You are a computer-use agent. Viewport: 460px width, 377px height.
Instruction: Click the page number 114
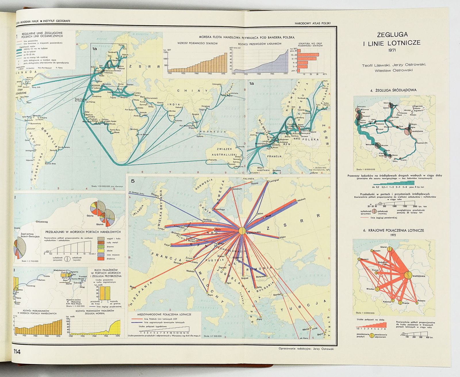tap(17, 352)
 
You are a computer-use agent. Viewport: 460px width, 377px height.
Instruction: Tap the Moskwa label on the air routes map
tap(302, 199)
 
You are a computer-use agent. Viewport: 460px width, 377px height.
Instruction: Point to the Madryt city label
tap(133, 286)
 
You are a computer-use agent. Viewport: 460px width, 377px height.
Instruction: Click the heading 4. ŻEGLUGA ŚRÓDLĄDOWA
tap(393, 90)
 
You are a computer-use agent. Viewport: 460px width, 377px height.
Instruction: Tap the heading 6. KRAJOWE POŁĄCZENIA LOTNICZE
tap(393, 230)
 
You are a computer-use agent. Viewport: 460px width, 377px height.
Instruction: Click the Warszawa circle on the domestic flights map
tap(408, 275)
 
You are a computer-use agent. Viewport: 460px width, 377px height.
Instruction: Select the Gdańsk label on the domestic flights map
tap(383, 247)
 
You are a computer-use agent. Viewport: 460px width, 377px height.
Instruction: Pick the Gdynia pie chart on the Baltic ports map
tap(97, 207)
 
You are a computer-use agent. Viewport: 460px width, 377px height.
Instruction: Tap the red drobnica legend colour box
tap(101, 259)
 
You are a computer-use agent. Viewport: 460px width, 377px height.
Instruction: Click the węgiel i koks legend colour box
tap(101, 238)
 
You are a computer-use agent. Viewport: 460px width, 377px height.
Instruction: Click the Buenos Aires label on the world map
tap(50, 164)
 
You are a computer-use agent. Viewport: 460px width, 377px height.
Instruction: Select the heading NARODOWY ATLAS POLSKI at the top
tap(313, 23)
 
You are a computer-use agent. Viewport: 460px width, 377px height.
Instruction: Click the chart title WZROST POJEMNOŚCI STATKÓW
tap(198, 43)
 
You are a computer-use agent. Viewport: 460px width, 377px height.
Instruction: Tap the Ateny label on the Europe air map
tap(259, 319)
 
